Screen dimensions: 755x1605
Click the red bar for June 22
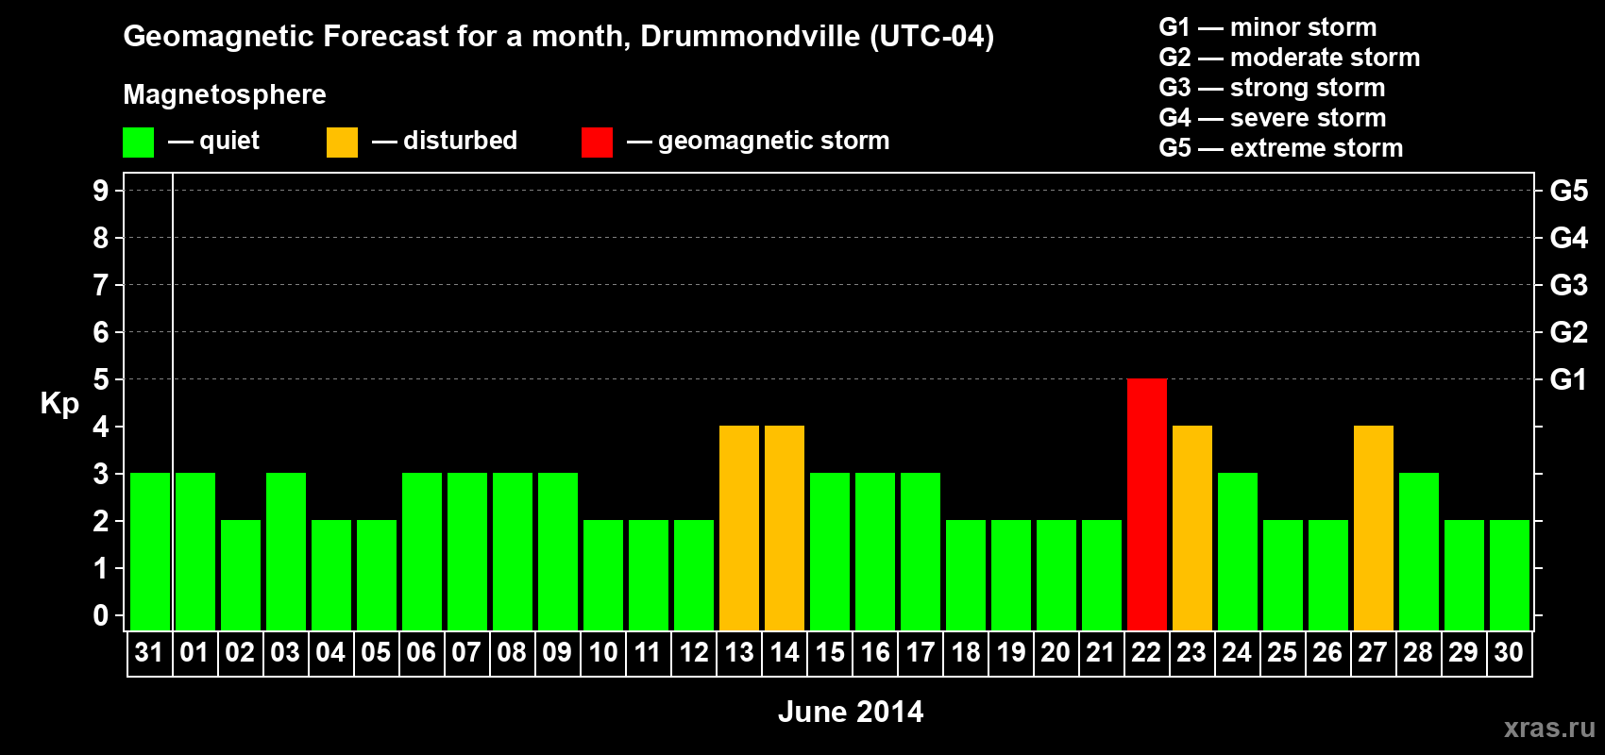pyautogui.click(x=1146, y=504)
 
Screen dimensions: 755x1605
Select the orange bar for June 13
pyautogui.click(x=738, y=528)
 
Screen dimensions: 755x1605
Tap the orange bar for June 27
pyautogui.click(x=1373, y=528)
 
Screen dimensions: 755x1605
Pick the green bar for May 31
pyautogui.click(x=149, y=551)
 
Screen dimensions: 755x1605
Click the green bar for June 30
pyautogui.click(x=1509, y=575)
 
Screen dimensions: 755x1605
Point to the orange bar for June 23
pyautogui.click(x=1191, y=528)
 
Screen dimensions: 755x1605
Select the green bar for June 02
pyautogui.click(x=240, y=575)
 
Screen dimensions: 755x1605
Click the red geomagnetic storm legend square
pyautogui.click(x=597, y=143)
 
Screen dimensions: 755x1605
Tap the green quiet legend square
pyautogui.click(x=138, y=143)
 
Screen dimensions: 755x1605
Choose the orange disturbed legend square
pyautogui.click(x=342, y=143)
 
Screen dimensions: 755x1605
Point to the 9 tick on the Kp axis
pyautogui.click(x=101, y=191)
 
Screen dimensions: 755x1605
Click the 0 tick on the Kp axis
pyautogui.click(x=101, y=616)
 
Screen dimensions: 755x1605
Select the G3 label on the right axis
pyautogui.click(x=1568, y=285)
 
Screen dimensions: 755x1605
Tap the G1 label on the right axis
pyautogui.click(x=1568, y=379)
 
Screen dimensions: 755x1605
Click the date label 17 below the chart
pyautogui.click(x=920, y=652)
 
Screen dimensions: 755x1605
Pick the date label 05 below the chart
pyautogui.click(x=376, y=652)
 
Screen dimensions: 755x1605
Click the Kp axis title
pyautogui.click(x=59, y=403)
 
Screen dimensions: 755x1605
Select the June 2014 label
pyautogui.click(x=851, y=712)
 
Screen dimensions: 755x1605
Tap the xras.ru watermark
pyautogui.click(x=1549, y=727)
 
